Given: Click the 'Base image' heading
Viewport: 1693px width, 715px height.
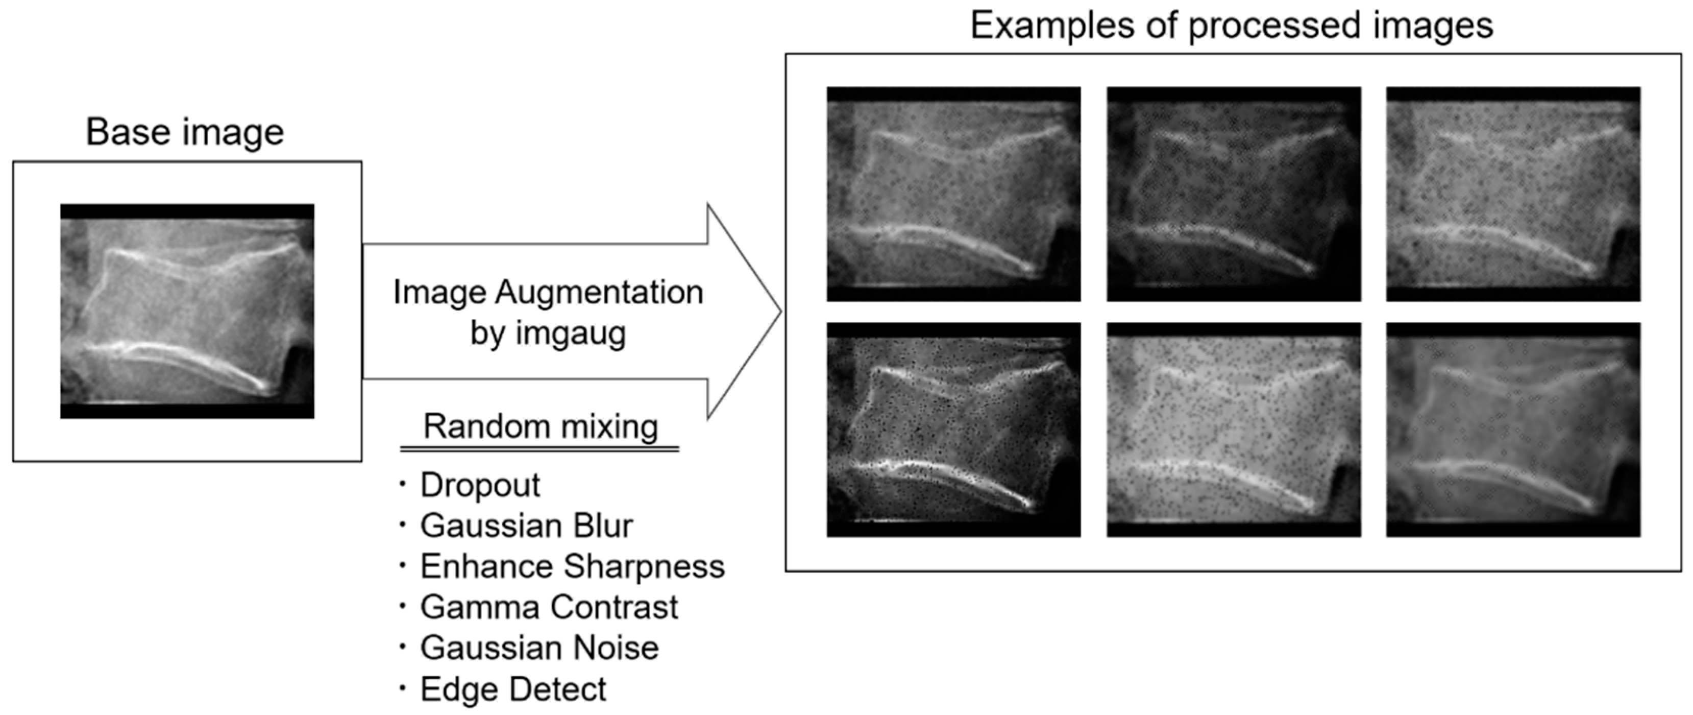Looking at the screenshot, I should pyautogui.click(x=185, y=132).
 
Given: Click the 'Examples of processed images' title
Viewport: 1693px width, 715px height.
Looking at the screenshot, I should pyautogui.click(x=1232, y=27).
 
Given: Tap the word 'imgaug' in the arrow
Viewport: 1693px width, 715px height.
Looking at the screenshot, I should pyautogui.click(x=571, y=333).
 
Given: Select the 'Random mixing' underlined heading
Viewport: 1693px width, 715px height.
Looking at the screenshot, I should pyautogui.click(x=540, y=427).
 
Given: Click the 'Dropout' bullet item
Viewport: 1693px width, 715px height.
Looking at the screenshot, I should pyautogui.click(x=480, y=486).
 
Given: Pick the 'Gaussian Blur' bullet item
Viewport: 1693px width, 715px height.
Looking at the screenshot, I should pyautogui.click(x=526, y=526).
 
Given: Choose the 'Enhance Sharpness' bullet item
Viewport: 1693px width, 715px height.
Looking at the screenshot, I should pyautogui.click(x=572, y=567).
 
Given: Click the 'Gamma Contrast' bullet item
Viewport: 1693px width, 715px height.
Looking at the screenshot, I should pyautogui.click(x=549, y=607).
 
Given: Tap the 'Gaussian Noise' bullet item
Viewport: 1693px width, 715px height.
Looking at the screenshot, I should pyautogui.click(x=539, y=648).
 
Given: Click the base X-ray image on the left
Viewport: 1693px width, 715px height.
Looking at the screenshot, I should pyautogui.click(x=187, y=311).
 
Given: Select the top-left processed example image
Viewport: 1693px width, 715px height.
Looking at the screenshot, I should pyautogui.click(x=953, y=194).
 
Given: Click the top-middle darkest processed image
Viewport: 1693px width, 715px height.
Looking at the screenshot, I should pyautogui.click(x=1233, y=194).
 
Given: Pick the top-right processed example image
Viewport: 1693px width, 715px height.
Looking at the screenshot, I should pyautogui.click(x=1513, y=194).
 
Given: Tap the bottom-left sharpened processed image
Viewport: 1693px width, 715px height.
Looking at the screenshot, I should pyautogui.click(x=953, y=430).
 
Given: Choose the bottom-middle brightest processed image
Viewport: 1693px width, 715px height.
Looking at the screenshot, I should pyautogui.click(x=1233, y=430).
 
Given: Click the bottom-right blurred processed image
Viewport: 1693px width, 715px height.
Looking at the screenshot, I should pyautogui.click(x=1513, y=430).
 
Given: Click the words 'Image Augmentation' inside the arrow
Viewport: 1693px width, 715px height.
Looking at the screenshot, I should pyautogui.click(x=548, y=293).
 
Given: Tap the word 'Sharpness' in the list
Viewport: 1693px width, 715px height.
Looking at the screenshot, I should pyautogui.click(x=644, y=567).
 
